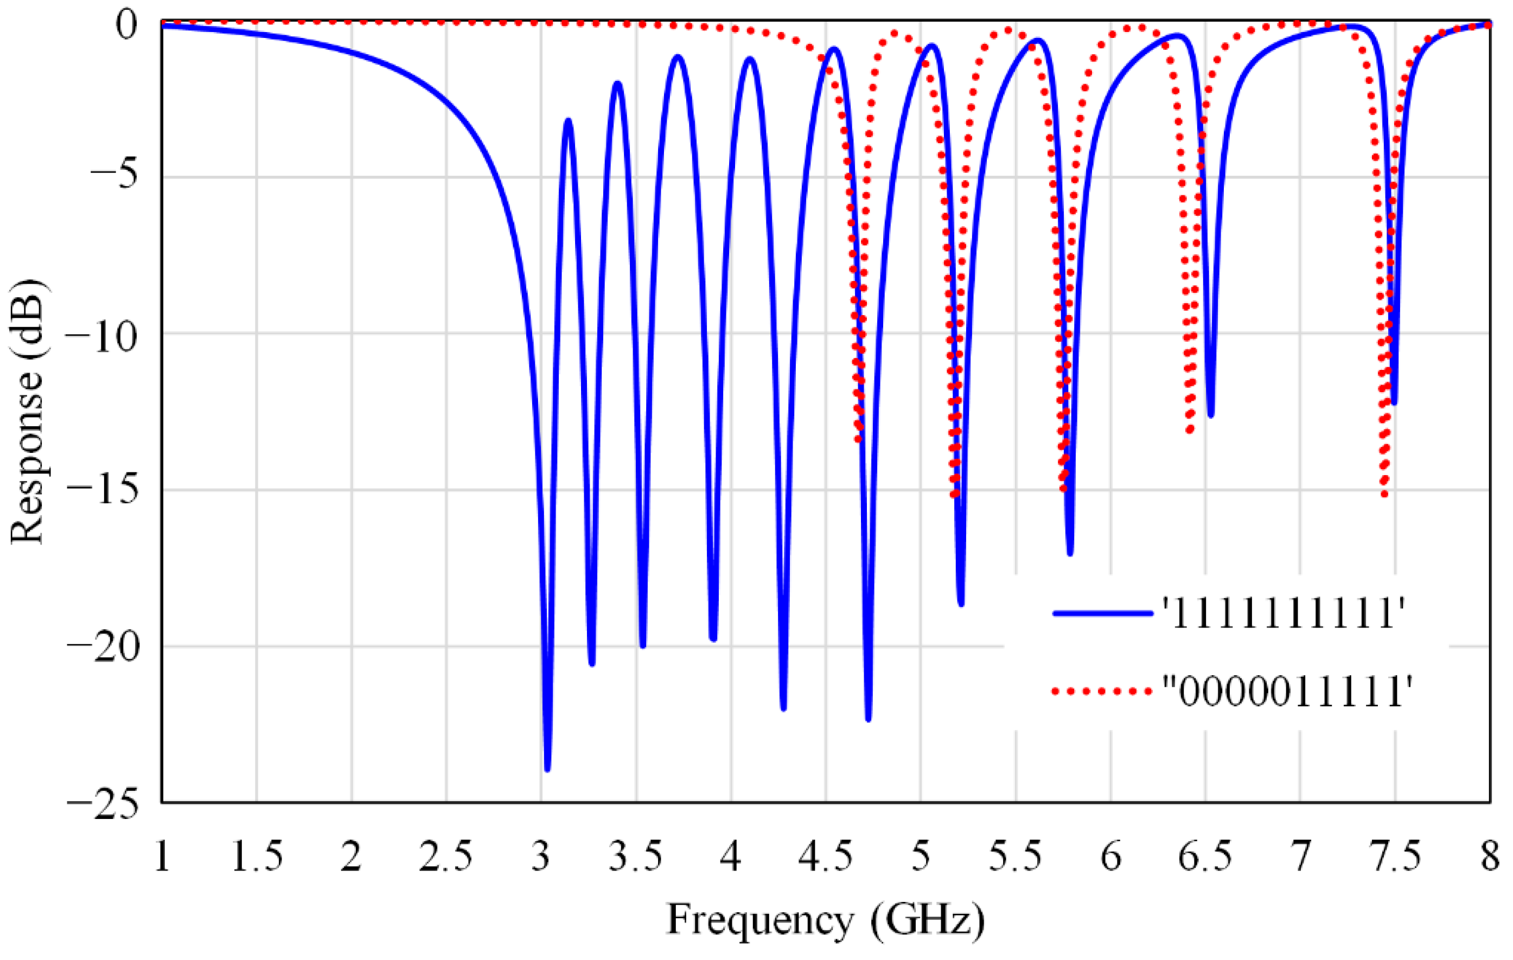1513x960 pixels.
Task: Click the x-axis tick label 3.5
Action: coord(636,856)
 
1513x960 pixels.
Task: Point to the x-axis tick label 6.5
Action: coord(1205,856)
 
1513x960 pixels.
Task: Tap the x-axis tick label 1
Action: coord(162,856)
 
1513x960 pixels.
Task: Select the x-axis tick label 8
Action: coord(1490,856)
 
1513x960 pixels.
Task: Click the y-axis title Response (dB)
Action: coord(27,412)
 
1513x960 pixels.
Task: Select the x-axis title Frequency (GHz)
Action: coord(826,921)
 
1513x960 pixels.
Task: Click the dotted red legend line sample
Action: coord(1103,691)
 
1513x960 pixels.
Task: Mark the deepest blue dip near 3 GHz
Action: coord(547,768)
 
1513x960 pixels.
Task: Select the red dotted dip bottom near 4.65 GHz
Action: coord(858,439)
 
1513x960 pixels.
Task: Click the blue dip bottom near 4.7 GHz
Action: coord(869,719)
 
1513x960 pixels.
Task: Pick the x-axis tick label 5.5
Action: coord(1016,856)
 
